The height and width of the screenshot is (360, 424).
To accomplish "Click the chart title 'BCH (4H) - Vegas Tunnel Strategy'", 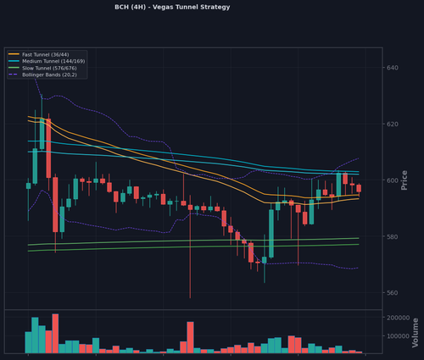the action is click(x=172, y=7).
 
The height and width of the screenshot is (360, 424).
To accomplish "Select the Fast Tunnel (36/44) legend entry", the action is click(x=39, y=54).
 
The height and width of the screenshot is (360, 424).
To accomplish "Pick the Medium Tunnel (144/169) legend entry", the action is click(x=47, y=61).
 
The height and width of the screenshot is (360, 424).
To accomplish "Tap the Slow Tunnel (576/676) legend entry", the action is click(x=42, y=68).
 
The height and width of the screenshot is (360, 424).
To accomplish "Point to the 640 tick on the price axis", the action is click(x=393, y=68).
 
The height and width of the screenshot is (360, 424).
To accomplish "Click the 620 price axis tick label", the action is click(x=393, y=124).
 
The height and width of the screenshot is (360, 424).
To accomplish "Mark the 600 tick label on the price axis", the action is click(x=393, y=180).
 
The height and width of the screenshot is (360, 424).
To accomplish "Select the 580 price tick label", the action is click(x=393, y=236).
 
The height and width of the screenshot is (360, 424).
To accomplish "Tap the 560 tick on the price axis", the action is click(x=393, y=293).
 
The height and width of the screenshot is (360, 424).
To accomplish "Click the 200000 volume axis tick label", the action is click(x=399, y=318).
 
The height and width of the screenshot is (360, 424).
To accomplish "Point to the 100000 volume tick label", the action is click(x=399, y=336).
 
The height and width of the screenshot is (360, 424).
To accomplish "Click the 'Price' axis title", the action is click(x=404, y=180).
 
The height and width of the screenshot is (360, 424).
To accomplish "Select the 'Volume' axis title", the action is click(x=415, y=333).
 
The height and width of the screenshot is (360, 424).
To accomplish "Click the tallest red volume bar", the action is click(x=55, y=334).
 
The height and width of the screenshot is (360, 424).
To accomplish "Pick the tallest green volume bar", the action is click(x=35, y=335).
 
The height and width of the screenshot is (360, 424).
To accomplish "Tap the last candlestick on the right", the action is click(x=359, y=188).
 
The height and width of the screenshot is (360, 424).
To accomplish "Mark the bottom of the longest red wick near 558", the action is click(x=190, y=298).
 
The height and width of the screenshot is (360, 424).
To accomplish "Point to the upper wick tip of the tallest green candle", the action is click(x=42, y=94).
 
